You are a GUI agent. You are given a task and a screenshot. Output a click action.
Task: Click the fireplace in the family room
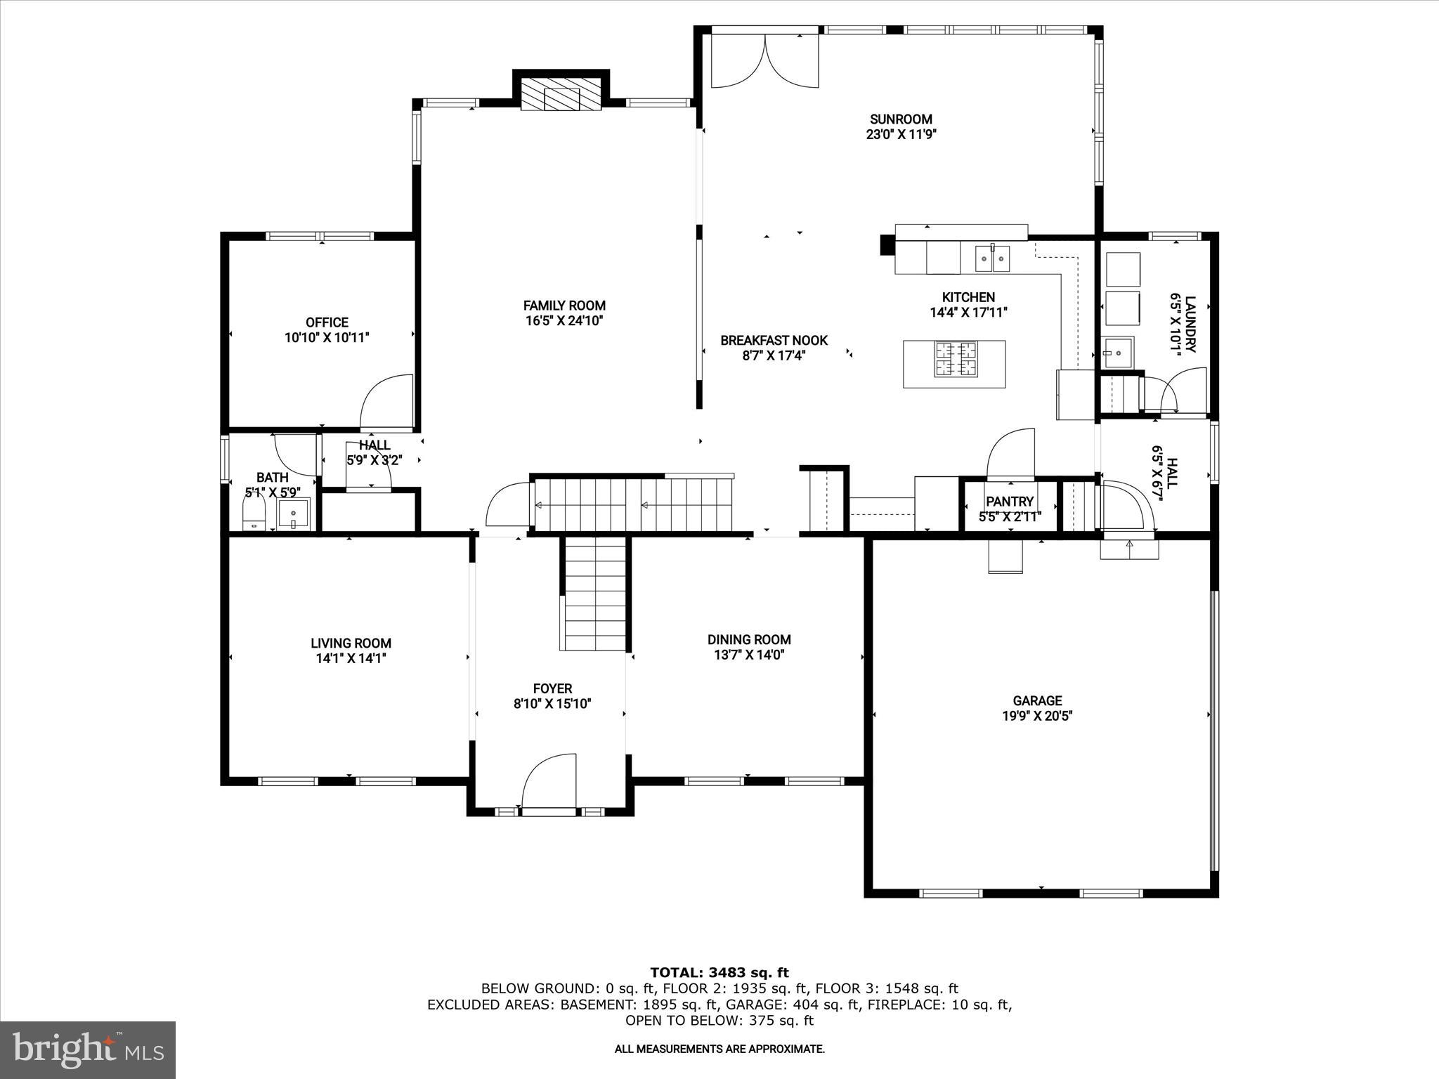click(561, 94)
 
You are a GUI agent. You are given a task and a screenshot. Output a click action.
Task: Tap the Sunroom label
click(901, 119)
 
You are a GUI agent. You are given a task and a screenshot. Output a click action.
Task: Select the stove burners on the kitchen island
click(955, 359)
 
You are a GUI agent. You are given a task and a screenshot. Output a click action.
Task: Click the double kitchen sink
click(992, 259)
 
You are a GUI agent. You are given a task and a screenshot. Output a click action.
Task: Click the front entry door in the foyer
click(549, 783)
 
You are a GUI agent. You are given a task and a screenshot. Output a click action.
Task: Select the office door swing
click(386, 403)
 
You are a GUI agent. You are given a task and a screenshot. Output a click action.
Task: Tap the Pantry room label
click(1010, 502)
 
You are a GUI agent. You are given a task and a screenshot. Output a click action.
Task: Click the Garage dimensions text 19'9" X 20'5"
click(1037, 717)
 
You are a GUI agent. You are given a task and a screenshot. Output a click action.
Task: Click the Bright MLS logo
click(88, 1049)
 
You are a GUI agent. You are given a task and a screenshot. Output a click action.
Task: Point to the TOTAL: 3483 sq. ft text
click(719, 973)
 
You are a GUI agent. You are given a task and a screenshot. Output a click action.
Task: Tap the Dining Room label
click(749, 639)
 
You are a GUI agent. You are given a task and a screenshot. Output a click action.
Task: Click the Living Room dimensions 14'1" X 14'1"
click(351, 659)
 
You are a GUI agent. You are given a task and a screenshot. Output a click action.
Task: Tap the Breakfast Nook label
click(774, 341)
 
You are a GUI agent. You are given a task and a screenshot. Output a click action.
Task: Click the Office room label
click(327, 322)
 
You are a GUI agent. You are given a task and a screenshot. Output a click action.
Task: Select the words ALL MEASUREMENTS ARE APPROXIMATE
click(719, 1049)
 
